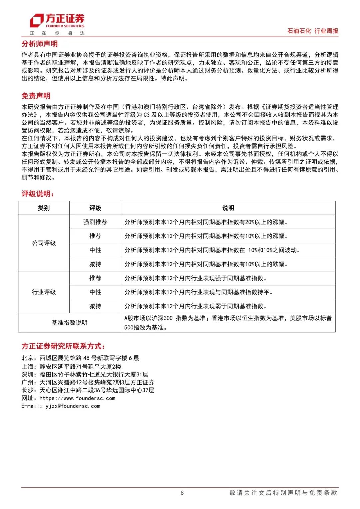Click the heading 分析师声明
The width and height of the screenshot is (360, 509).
coord(40,44)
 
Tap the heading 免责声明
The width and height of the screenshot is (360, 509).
coord(36,96)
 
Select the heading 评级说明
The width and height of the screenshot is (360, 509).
coord(38,194)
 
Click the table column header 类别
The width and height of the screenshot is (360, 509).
coord(44,208)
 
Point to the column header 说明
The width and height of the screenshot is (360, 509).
coord(228,208)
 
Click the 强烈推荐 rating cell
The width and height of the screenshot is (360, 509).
coord(95,222)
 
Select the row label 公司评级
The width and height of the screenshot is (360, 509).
coord(44,243)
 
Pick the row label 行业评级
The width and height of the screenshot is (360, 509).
coord(44,292)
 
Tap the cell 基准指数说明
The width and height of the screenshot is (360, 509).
coord(69,323)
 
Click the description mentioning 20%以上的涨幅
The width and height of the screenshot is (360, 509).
coord(206,222)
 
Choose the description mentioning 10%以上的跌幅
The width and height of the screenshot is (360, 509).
coord(206,264)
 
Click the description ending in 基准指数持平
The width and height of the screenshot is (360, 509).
coord(198,292)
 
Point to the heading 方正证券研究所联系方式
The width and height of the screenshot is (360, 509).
coord(63,346)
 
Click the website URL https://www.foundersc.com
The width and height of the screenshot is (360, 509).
coord(77,398)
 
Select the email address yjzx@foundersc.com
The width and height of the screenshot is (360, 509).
coord(73,406)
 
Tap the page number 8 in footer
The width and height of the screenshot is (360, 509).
coord(182,493)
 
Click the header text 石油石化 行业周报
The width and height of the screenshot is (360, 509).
coord(313,31)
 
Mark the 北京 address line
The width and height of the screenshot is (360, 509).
coord(80,358)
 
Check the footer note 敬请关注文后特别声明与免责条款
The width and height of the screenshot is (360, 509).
coord(283,493)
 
